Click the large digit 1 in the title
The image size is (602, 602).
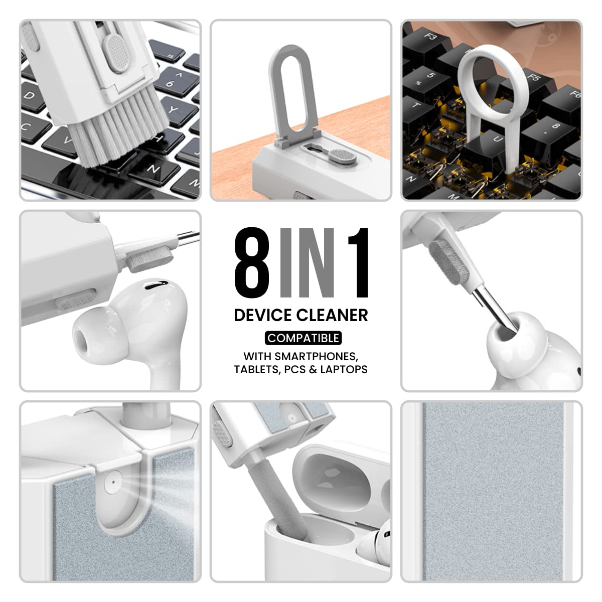[x=355, y=263]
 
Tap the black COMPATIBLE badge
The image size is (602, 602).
[x=303, y=338]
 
